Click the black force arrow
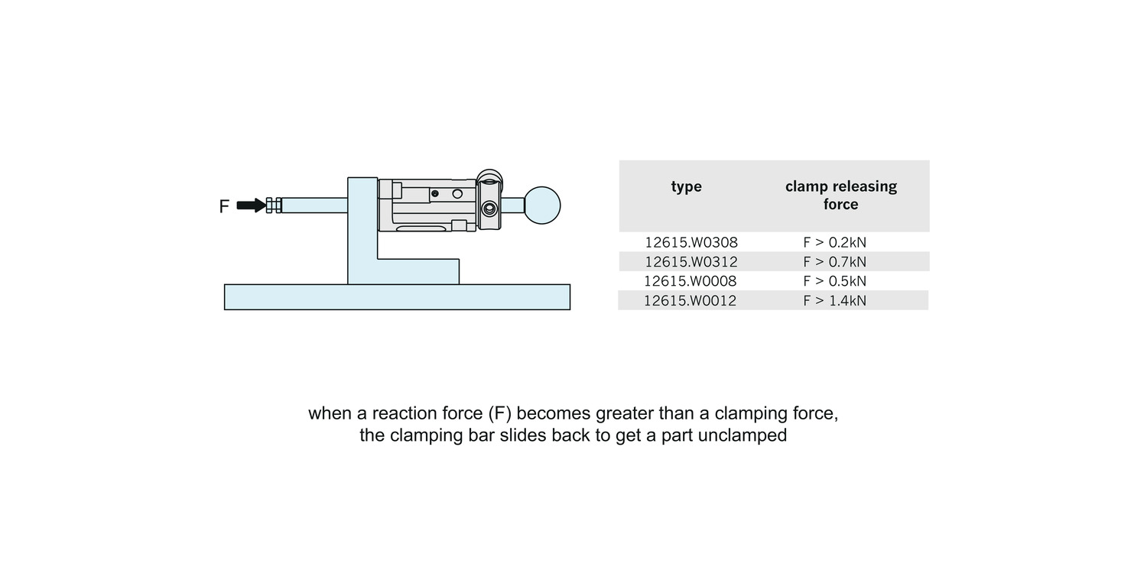pos(250,206)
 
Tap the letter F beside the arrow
pos(224,206)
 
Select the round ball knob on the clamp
pos(542,205)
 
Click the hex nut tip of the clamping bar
pos(273,206)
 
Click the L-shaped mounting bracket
pos(362,244)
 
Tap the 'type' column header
pos(686,186)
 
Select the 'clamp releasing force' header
pos(840,196)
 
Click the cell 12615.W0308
pos(690,242)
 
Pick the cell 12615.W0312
pos(690,262)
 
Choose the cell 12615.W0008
pos(690,281)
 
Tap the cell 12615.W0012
pos(690,300)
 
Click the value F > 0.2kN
pos(834,242)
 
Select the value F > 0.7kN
pos(834,262)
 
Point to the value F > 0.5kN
pos(834,281)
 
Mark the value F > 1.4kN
pos(834,300)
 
